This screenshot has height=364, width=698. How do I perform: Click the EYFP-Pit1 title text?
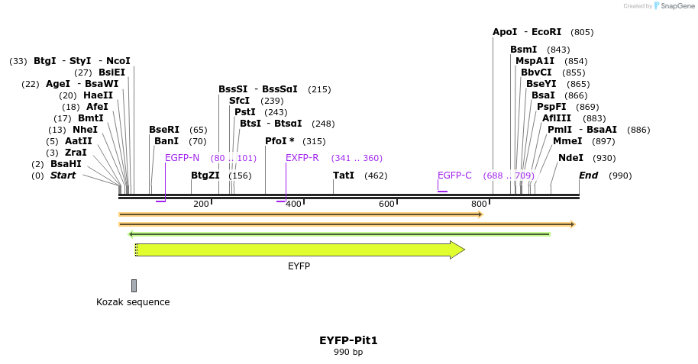coord(348,340)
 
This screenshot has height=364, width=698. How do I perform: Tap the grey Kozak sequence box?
coord(134,285)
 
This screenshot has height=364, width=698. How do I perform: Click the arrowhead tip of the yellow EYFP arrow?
coord(463,250)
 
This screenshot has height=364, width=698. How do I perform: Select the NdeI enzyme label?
coord(570,158)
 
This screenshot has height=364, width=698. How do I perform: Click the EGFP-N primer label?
coord(182,158)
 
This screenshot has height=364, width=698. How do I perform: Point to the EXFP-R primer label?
coord(302,158)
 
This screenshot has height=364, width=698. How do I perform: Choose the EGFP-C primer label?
coord(454,176)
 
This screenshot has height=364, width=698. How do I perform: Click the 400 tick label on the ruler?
coord(293,204)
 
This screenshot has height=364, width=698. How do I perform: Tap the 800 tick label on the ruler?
coord(479,204)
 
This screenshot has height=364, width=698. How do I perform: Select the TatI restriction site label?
coord(344,176)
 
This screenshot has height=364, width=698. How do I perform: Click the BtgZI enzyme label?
coord(205,176)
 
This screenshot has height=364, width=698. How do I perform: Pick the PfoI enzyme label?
coord(280,141)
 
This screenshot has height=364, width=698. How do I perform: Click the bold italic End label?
coord(588,176)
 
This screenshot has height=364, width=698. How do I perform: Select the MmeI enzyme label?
coord(567,141)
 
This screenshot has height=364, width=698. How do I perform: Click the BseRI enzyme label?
coord(164,130)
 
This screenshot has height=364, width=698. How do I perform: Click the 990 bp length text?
coord(348,353)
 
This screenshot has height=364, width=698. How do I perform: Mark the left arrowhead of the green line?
coord(131,234)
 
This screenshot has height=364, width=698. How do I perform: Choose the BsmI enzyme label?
coord(524,50)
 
